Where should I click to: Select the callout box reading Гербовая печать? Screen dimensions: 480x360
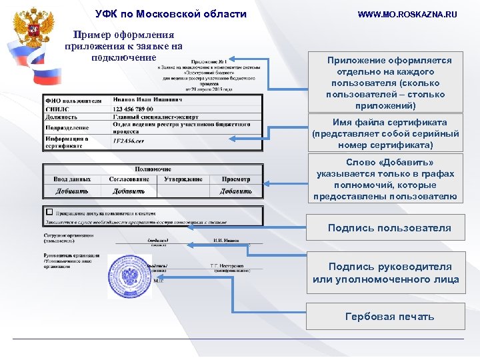coord(389,317)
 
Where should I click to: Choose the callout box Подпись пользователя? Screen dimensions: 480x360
coord(389,228)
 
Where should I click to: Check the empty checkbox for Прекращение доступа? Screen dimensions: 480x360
coord(49,211)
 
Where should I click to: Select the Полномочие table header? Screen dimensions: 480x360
coord(153,169)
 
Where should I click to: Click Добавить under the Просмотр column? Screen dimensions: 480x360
coord(236,191)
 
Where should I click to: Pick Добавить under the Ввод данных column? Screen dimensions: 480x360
coord(71,191)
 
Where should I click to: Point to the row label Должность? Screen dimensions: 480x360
coord(61,117)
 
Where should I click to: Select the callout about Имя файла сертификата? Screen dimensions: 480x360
coord(385,133)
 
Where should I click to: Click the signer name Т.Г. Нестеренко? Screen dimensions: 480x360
coord(227,265)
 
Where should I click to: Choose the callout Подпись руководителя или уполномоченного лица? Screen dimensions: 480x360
coord(386,273)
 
